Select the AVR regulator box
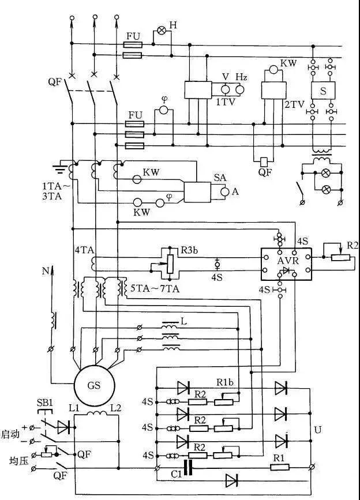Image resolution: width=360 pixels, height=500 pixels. click(x=286, y=263)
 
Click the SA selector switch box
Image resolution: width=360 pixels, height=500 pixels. click(x=198, y=191)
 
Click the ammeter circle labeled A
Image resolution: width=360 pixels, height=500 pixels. click(x=226, y=191)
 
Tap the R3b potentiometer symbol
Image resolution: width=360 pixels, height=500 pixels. click(x=170, y=262)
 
